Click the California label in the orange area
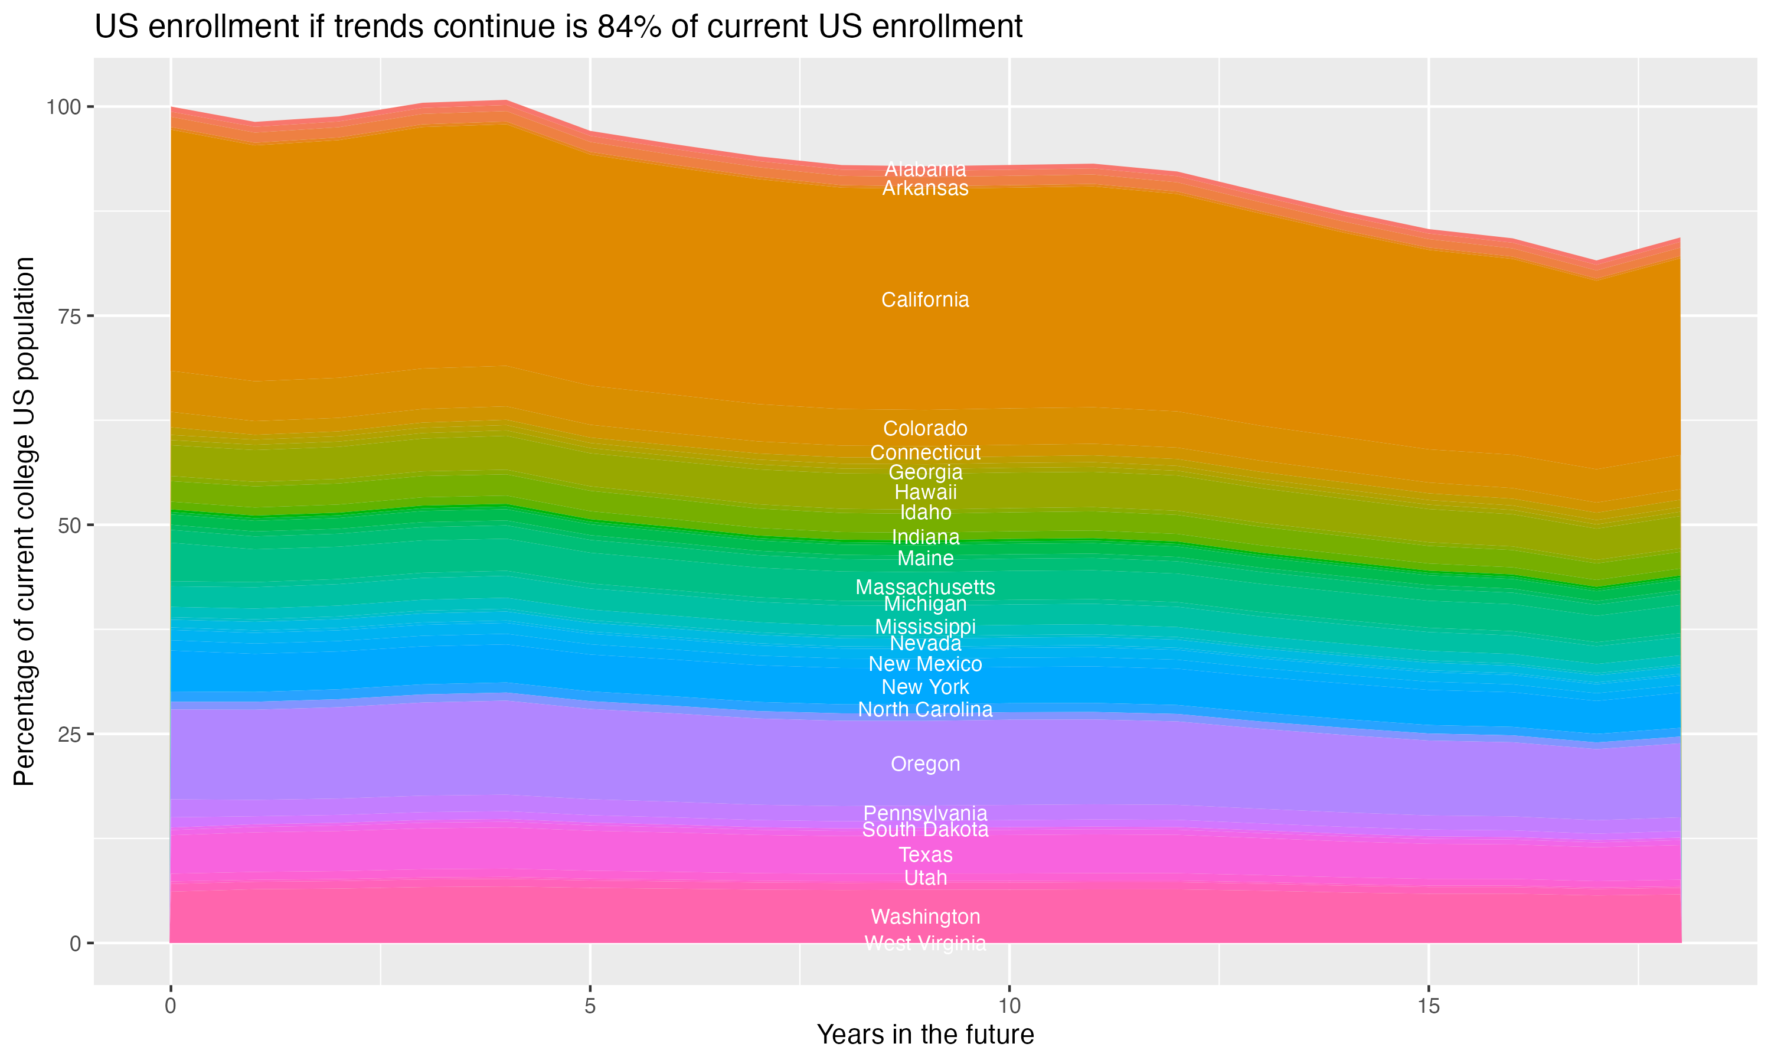pos(925,299)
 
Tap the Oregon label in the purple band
pos(925,764)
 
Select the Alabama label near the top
pos(925,169)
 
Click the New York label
pos(925,687)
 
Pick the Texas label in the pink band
pos(925,855)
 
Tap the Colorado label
pos(925,428)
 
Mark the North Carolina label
pos(925,709)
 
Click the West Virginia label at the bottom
pos(925,943)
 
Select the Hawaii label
pos(925,492)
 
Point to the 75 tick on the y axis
pos(74,316)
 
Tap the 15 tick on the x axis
pos(1428,1006)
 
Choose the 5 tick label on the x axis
pos(590,1006)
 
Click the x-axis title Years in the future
pos(925,1034)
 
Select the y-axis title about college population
pos(24,521)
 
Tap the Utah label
pos(925,878)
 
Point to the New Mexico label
pos(925,664)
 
